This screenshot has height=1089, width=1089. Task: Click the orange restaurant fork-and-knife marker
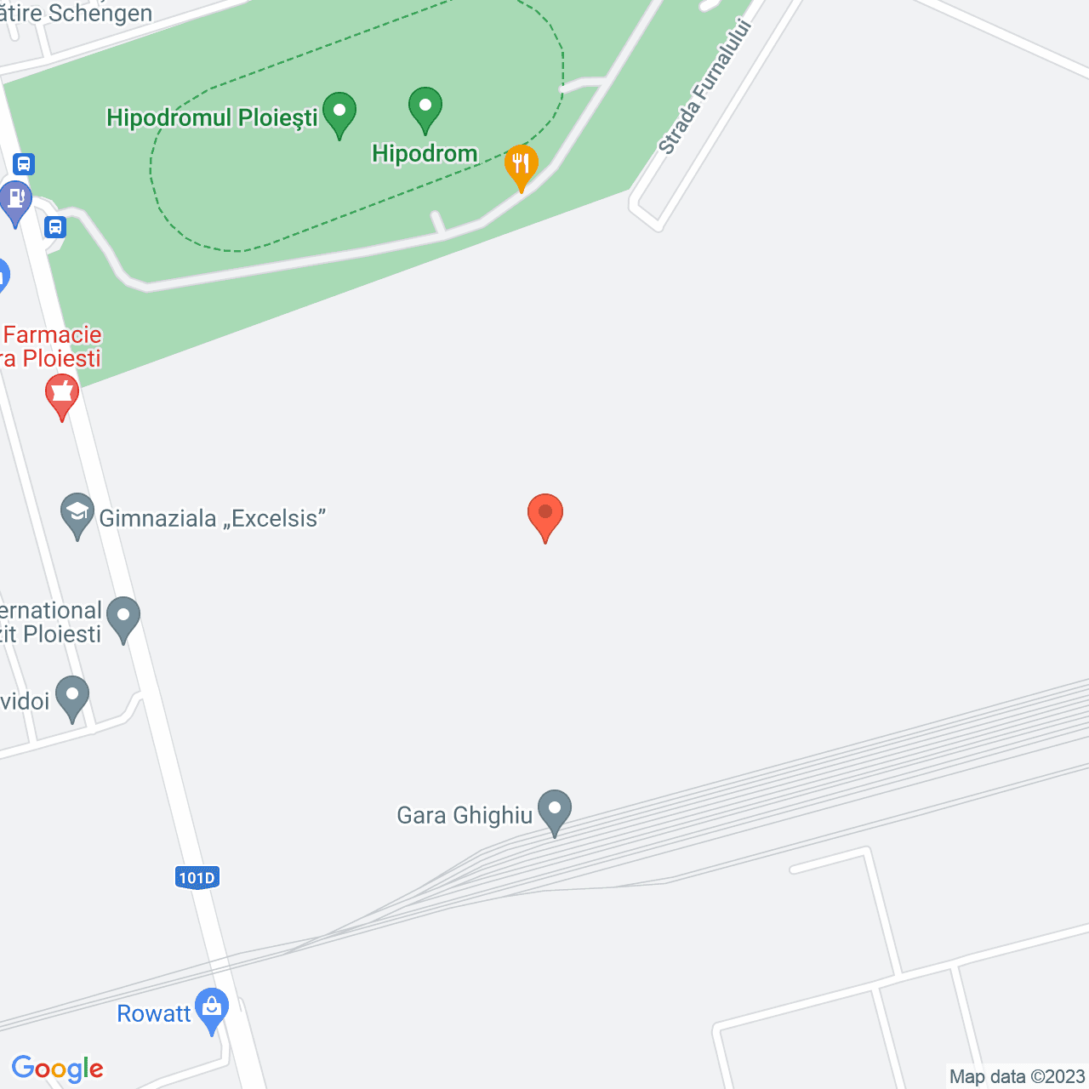tap(521, 165)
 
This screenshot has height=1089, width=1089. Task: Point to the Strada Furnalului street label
tap(706, 86)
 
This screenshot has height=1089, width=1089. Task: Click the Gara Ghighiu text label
tap(465, 815)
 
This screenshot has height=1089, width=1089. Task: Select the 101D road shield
tap(197, 878)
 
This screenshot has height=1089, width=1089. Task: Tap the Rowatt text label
tap(154, 1014)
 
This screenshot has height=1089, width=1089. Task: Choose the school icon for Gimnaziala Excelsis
tap(77, 514)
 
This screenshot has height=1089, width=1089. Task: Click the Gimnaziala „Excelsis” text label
tap(213, 518)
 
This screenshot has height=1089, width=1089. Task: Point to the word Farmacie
tap(53, 334)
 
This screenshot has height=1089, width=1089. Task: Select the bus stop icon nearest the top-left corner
tap(24, 163)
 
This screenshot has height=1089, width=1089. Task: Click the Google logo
tap(58, 1069)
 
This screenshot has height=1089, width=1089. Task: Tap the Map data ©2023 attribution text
tap(1017, 1076)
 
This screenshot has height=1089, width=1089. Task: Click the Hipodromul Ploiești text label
tap(212, 117)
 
